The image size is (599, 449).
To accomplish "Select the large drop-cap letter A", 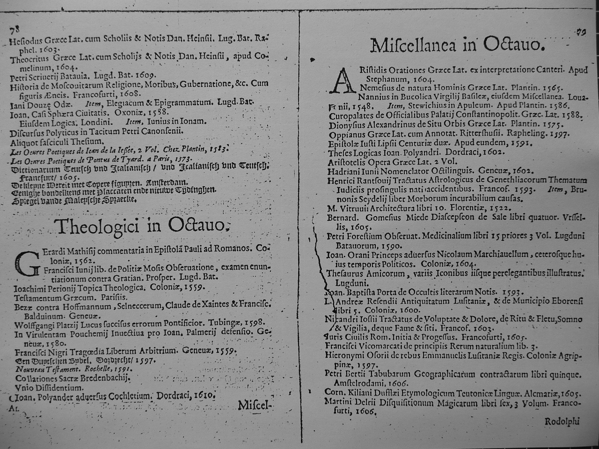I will click(340, 80).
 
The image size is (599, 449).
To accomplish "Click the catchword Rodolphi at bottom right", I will click(562, 421).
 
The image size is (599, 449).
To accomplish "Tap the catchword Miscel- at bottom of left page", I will click(255, 405).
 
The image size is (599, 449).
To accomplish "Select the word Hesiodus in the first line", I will click(27, 41).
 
